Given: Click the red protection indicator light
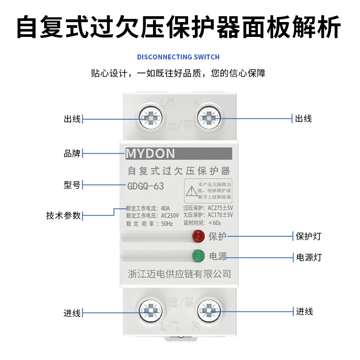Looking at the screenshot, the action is tap(198, 235).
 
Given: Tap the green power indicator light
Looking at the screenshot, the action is tap(198, 256).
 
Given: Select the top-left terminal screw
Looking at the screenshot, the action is tap(150, 119).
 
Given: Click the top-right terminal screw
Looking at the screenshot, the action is tap(209, 119).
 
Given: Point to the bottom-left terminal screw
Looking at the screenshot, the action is tap(150, 310).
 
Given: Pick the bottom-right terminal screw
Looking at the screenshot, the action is tap(209, 310).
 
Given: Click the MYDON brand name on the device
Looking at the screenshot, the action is tap(150, 154).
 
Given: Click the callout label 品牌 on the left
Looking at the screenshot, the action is tap(72, 153).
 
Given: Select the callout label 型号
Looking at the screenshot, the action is tap(72, 185).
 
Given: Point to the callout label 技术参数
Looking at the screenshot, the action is tap(63, 215).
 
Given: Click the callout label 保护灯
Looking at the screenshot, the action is tap(308, 236).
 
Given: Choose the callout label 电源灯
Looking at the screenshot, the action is tap(308, 257).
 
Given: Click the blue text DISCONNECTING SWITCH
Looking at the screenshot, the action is tap(178, 57).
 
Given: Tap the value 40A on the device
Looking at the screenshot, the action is tap(165, 208).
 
